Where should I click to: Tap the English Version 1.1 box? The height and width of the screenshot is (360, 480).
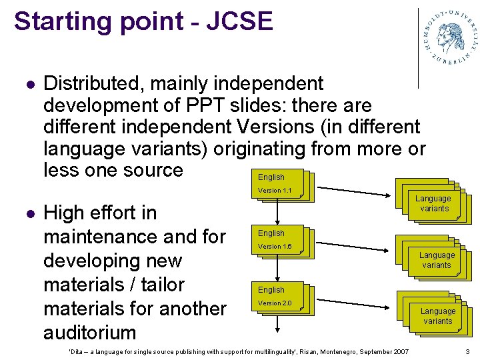pyautogui.click(x=277, y=184)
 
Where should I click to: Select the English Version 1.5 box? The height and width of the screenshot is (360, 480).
pyautogui.click(x=277, y=240)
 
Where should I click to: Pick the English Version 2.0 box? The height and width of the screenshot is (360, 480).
pyautogui.click(x=277, y=297)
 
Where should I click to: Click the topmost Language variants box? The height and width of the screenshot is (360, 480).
pyautogui.click(x=433, y=203)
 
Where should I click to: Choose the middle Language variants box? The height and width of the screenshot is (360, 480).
pyautogui.click(x=437, y=260)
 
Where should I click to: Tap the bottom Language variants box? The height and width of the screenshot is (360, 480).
pyautogui.click(x=437, y=316)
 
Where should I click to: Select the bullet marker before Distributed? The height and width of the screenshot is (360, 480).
pyautogui.click(x=27, y=85)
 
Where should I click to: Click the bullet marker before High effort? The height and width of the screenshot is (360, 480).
pyautogui.click(x=27, y=214)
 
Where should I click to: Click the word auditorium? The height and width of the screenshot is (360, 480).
pyautogui.click(x=89, y=332)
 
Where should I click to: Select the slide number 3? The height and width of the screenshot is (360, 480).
pyautogui.click(x=467, y=351)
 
